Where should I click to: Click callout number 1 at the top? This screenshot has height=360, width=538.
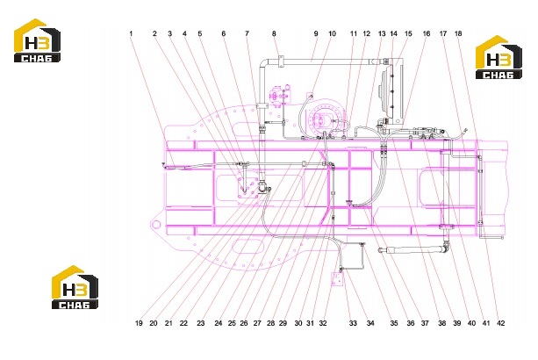(131, 33)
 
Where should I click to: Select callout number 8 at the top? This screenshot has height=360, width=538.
(274, 33)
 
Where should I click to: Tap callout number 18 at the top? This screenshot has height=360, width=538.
(458, 33)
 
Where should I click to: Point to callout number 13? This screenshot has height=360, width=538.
(382, 33)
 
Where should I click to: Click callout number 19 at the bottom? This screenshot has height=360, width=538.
(139, 323)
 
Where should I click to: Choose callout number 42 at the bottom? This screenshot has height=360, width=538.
(501, 323)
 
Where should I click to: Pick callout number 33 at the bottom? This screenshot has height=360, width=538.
(353, 323)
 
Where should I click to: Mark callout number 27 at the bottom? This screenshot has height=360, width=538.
(257, 323)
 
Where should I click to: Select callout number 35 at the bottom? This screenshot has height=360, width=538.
(394, 323)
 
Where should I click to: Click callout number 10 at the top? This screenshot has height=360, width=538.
(332, 33)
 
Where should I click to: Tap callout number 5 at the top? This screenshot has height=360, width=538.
(200, 33)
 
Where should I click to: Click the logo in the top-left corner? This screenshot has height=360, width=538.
(37, 40)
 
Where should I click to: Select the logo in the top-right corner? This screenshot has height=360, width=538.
(499, 57)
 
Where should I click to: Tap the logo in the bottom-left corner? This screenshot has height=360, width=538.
(75, 287)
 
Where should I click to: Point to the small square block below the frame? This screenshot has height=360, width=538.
(336, 278)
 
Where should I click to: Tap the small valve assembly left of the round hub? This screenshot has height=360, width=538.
(281, 95)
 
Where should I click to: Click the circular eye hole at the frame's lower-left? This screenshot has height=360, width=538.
(156, 225)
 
